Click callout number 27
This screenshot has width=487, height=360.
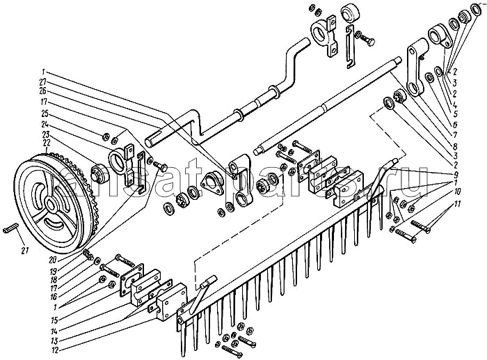pos(44,81)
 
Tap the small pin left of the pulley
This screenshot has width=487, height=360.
pos(10,228)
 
